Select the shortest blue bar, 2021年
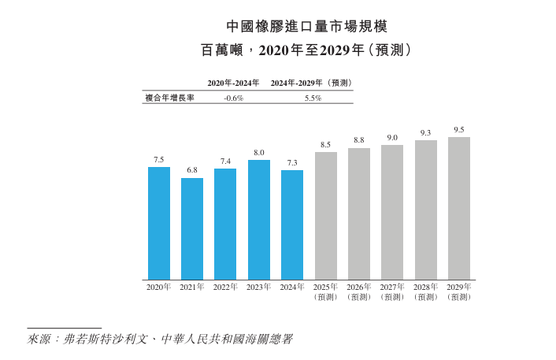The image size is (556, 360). [192, 228]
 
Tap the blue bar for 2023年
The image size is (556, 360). [259, 220]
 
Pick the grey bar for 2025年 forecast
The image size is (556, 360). [326, 216]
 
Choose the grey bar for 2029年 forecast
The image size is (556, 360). [459, 208]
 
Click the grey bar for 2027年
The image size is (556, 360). [392, 212]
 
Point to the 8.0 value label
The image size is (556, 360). [259, 152]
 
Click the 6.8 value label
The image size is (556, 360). [192, 170]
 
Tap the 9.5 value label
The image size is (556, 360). [459, 129]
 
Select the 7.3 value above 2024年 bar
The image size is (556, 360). [292, 162]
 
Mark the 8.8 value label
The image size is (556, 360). [359, 139]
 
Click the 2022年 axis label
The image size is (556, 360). [225, 288]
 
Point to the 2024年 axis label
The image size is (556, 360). [292, 288]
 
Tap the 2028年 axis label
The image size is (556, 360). [426, 288]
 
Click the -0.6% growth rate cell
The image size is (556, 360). [234, 98]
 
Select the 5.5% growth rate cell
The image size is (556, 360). [313, 98]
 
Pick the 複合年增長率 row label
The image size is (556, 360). [169, 98]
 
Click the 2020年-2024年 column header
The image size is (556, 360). [234, 83]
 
